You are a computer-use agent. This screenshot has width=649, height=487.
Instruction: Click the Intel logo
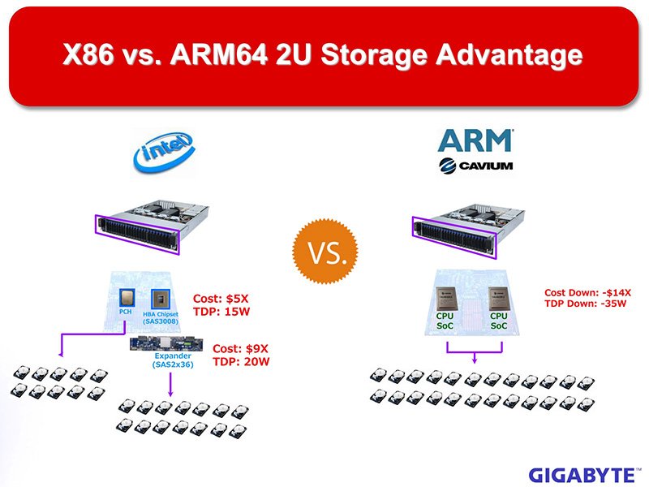tap(164, 152)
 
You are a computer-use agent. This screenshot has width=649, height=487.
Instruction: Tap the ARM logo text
tap(475, 140)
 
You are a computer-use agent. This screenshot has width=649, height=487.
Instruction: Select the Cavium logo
tap(475, 166)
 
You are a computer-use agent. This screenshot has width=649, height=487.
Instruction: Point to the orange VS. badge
tap(325, 252)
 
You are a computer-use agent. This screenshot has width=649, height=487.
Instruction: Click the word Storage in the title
tap(374, 55)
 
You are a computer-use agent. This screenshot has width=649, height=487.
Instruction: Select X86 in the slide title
tap(88, 54)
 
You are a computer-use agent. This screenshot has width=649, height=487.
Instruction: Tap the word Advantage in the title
tap(509, 55)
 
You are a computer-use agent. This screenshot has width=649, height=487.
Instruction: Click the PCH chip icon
tap(127, 298)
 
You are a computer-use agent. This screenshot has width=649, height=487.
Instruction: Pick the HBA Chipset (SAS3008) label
tap(161, 317)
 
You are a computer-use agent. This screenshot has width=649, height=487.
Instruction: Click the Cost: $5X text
tap(221, 299)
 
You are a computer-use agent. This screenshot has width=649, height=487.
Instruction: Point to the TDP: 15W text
tap(221, 312)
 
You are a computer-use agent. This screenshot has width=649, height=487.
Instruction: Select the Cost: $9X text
tap(240, 349)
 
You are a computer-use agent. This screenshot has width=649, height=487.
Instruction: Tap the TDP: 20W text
tap(241, 362)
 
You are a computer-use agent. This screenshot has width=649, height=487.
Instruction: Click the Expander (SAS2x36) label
tap(173, 360)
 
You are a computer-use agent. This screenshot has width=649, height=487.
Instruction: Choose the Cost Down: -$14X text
tap(587, 293)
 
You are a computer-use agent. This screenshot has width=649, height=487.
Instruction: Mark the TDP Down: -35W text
tap(585, 304)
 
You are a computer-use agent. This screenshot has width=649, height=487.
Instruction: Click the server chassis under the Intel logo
tap(152, 227)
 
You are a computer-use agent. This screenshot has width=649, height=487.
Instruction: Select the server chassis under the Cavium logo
tap(469, 231)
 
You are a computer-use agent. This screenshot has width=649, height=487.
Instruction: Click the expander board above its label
tap(166, 344)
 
